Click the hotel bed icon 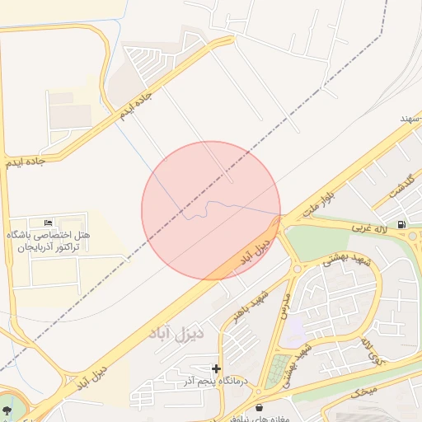click(x=48, y=223)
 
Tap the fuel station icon click(x=401, y=224)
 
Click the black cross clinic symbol click(x=216, y=368)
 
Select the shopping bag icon click(x=260, y=407)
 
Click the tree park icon click(x=7, y=409)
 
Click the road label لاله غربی click(x=369, y=225)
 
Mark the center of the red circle click(x=211, y=211)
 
